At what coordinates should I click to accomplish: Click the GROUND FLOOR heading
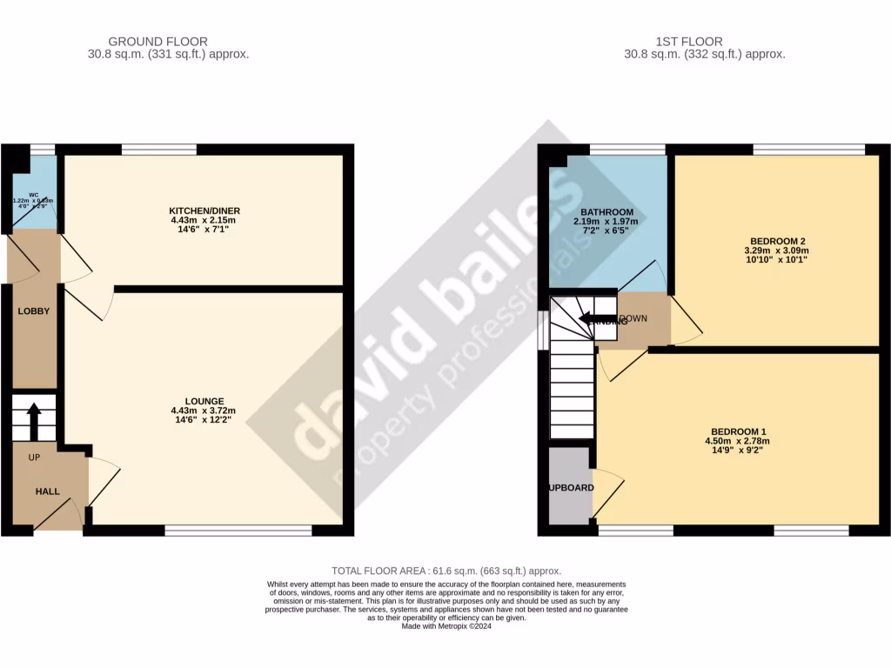(x=157, y=41)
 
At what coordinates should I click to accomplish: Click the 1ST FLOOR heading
(x=689, y=41)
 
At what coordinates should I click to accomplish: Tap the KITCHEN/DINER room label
(x=204, y=210)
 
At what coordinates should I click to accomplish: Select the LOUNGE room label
(x=204, y=401)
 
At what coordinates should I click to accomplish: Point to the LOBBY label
(x=34, y=311)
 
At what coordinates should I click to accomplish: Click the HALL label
(x=47, y=491)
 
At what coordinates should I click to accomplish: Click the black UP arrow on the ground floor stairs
(x=34, y=421)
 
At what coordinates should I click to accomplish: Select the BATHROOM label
(x=606, y=212)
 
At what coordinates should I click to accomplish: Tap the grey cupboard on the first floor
(x=569, y=487)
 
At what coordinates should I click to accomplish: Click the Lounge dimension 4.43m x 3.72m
(x=204, y=411)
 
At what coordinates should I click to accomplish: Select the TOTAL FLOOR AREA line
(x=445, y=571)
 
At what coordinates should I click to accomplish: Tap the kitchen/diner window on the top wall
(x=159, y=150)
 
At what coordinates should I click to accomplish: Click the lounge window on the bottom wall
(x=238, y=530)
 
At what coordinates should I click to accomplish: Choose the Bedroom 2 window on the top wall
(x=808, y=150)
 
